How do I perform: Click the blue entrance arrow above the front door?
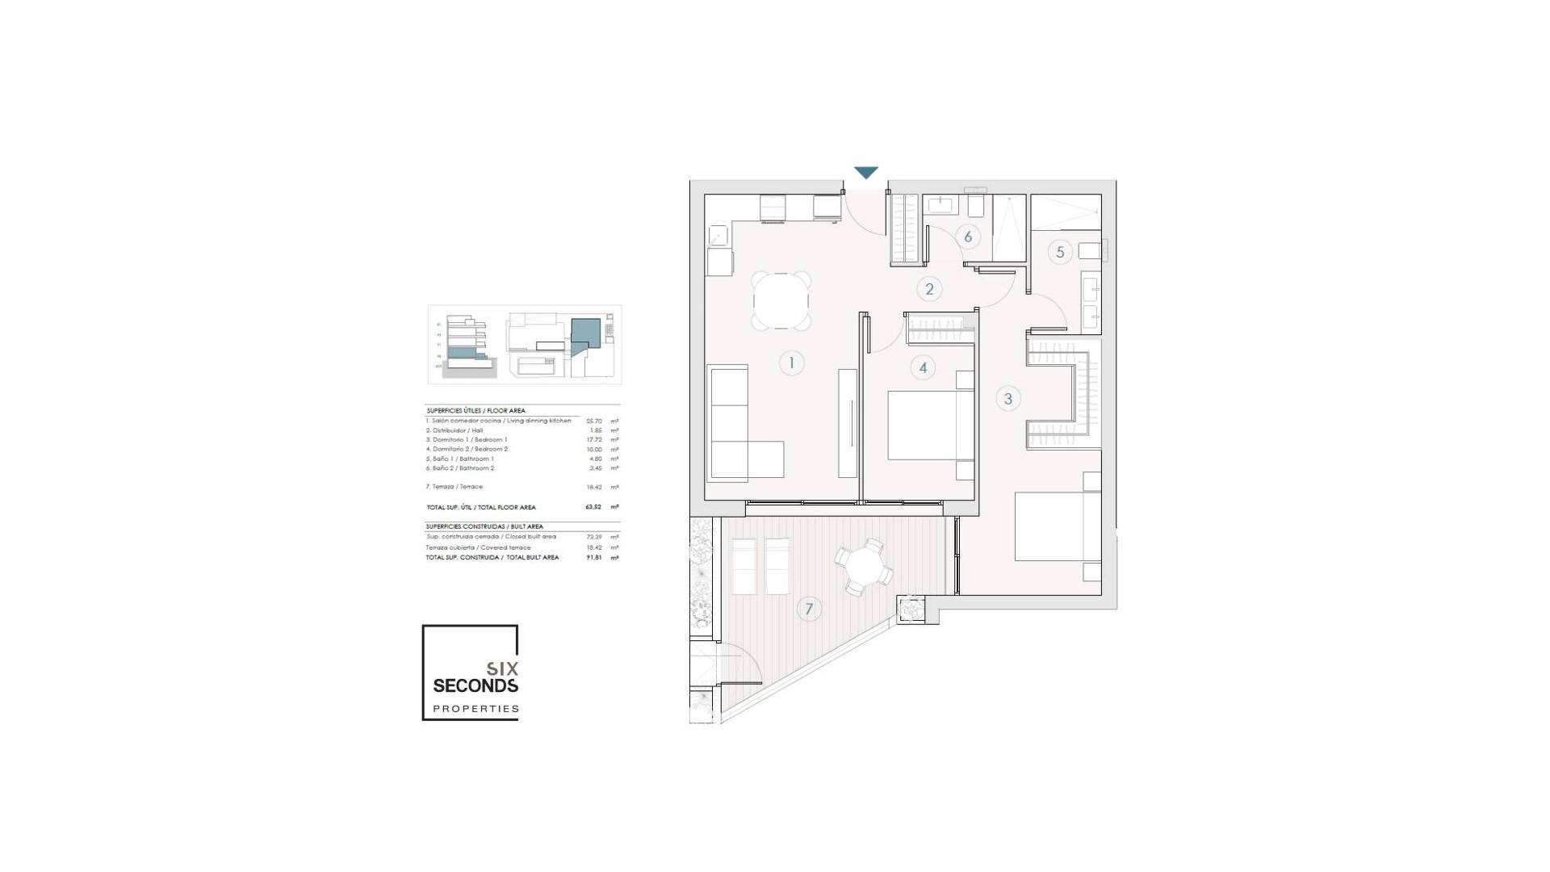coord(865,173)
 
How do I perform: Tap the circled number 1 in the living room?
coord(791,363)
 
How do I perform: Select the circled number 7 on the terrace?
coord(809,609)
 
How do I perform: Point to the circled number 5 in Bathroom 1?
coord(1060,252)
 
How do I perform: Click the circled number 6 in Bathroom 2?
coord(968,237)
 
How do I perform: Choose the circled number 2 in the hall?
coord(929,289)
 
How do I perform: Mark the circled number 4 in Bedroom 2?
coord(923,368)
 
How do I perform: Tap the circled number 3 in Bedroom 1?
coord(1007,398)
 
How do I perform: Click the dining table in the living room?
coord(781,301)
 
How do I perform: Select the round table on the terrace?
coord(863,568)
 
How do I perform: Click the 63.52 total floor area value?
coord(593,507)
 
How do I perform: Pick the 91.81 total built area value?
coord(594,557)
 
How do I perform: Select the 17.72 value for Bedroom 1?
coord(594,440)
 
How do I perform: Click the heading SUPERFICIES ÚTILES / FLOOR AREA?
coord(476,411)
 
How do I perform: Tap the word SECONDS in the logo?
coord(475,686)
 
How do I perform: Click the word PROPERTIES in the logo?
coord(475,709)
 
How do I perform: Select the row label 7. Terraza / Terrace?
coord(455,487)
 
